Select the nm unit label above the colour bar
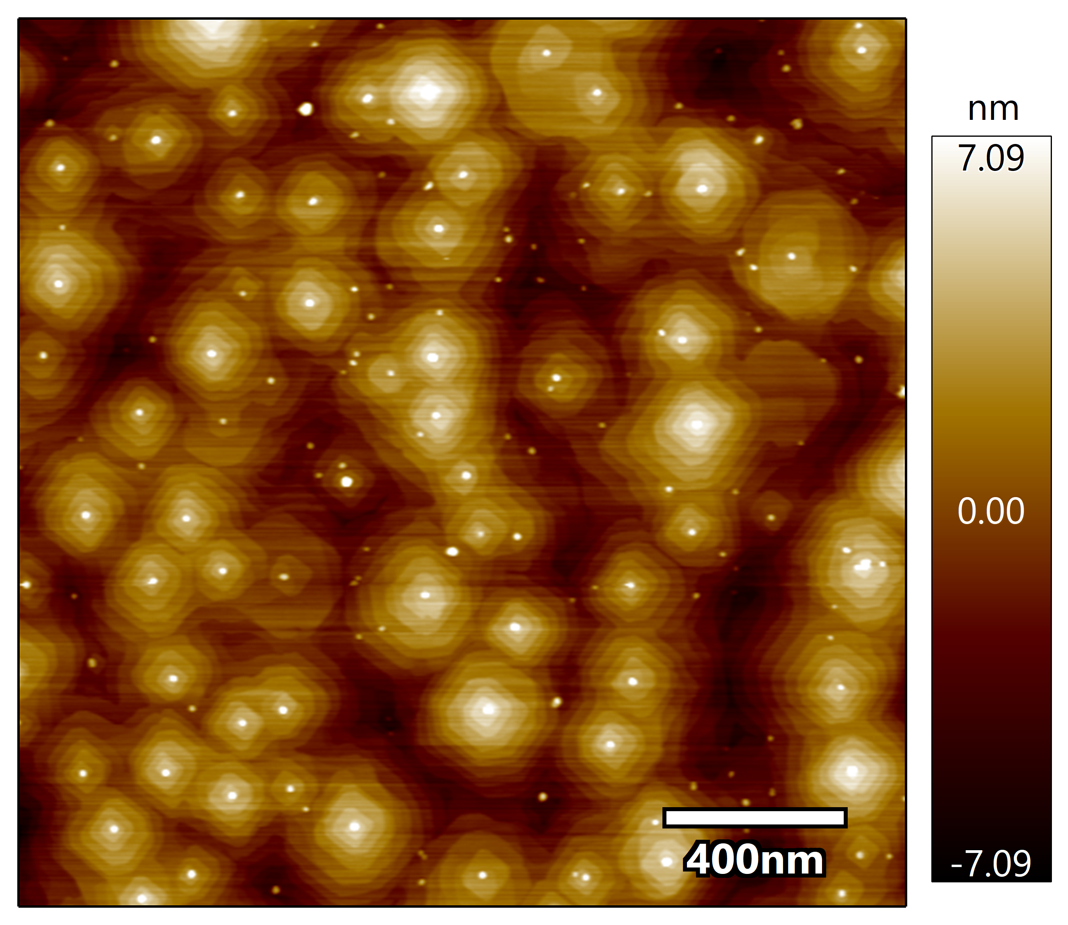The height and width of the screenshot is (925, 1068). pyautogui.click(x=993, y=110)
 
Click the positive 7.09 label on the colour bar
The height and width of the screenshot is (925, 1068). pyautogui.click(x=990, y=158)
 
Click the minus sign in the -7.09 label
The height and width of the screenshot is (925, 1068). pyautogui.click(x=956, y=865)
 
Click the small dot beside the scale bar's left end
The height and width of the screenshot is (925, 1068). pyautogui.click(x=655, y=822)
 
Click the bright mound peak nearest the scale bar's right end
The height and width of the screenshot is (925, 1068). pyautogui.click(x=852, y=771)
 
